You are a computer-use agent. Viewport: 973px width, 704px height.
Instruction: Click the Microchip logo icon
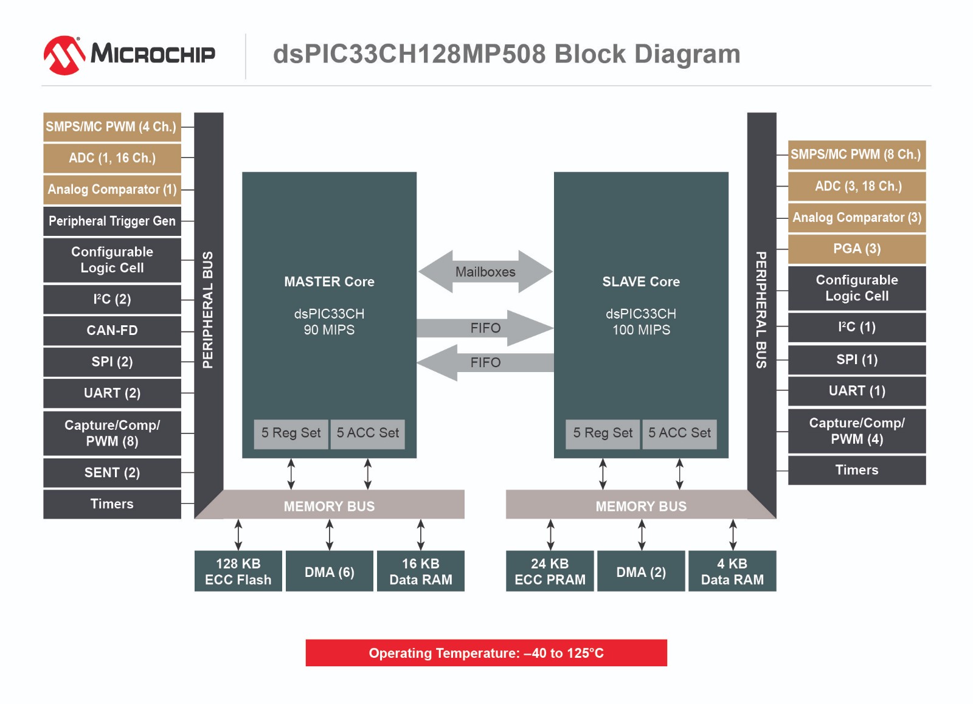[64, 55]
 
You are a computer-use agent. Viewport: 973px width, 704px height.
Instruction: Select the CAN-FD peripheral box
[112, 330]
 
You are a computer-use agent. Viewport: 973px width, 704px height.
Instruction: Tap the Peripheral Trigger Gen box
[112, 221]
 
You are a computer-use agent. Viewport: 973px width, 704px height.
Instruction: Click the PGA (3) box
[856, 249]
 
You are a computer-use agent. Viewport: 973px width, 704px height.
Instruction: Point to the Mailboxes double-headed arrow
[485, 272]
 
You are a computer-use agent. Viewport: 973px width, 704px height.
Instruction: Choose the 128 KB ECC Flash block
[238, 571]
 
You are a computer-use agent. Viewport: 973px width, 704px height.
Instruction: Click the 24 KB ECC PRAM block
[550, 571]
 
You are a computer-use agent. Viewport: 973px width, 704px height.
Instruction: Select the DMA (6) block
[329, 571]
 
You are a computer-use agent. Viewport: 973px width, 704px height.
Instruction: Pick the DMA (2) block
[641, 571]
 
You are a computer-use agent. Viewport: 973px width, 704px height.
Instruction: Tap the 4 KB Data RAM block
[732, 571]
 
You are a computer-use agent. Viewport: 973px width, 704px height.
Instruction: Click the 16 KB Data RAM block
[420, 571]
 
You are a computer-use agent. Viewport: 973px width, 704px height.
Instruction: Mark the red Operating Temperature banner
[486, 653]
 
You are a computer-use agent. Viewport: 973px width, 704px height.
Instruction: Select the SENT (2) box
[112, 472]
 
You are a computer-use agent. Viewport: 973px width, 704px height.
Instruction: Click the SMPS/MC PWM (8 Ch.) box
[856, 154]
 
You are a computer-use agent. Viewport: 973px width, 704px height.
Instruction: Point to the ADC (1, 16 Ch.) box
[112, 158]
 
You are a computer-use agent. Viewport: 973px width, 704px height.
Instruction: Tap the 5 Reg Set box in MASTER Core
[291, 433]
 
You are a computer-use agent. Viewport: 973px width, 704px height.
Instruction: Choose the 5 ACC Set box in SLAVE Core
[679, 433]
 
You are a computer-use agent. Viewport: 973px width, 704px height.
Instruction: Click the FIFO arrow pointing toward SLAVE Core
[485, 328]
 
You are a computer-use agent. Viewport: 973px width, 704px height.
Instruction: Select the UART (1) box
[856, 391]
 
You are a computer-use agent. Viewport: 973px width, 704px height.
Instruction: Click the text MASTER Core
[329, 281]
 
